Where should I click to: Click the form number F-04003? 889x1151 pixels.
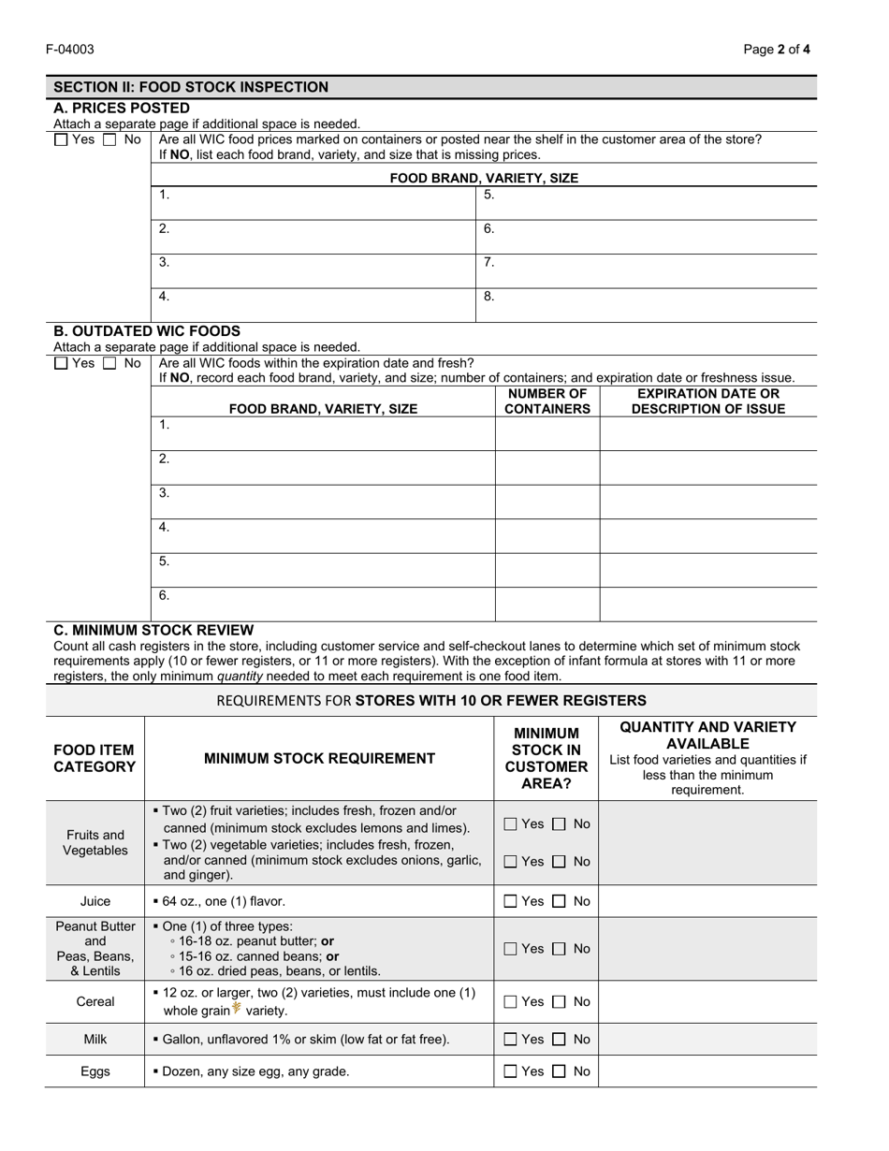pyautogui.click(x=74, y=50)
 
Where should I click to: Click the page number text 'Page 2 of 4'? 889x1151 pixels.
pyautogui.click(x=777, y=50)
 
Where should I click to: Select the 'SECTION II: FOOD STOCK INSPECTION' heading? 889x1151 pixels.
pyautogui.click(x=191, y=87)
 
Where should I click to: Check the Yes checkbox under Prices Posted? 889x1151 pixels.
pyautogui.click(x=62, y=140)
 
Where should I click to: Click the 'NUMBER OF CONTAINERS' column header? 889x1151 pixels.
pyautogui.click(x=547, y=401)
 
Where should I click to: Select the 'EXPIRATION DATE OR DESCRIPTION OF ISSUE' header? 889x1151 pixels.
pyautogui.click(x=707, y=401)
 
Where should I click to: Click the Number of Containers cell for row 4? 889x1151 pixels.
pyautogui.click(x=547, y=535)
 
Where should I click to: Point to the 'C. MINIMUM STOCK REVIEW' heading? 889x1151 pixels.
pyautogui.click(x=153, y=631)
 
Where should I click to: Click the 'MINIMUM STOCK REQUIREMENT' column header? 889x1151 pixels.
pyautogui.click(x=319, y=759)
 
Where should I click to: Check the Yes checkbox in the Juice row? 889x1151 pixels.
pyautogui.click(x=510, y=902)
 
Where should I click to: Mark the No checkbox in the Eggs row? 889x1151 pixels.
pyautogui.click(x=560, y=1072)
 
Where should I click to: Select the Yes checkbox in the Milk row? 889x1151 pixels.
pyautogui.click(x=510, y=1040)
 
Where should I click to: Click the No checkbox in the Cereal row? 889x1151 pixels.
pyautogui.click(x=560, y=1002)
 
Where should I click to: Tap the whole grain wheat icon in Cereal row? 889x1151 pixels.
pyautogui.click(x=237, y=1009)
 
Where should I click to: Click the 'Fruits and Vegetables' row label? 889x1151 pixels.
pyautogui.click(x=95, y=842)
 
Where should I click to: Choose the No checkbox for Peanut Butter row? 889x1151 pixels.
pyautogui.click(x=560, y=949)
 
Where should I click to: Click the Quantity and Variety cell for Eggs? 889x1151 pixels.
pyautogui.click(x=707, y=1071)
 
